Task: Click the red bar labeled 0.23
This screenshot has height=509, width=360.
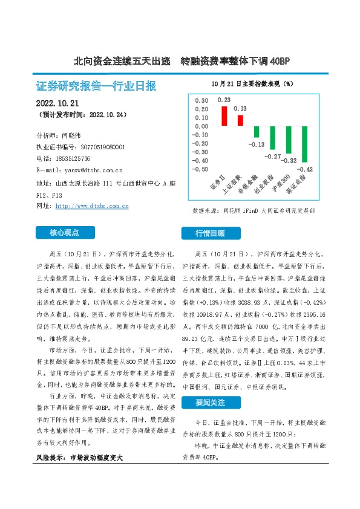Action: pos(224,116)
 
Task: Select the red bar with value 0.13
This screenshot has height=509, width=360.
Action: pos(240,120)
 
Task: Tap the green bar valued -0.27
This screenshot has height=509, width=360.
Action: pos(272,138)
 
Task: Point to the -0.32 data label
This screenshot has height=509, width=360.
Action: pos(289,161)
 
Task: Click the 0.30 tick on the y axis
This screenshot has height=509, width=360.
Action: pos(199,101)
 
